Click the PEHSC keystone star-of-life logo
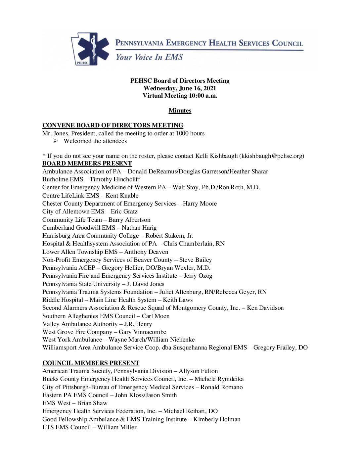coord(90,49)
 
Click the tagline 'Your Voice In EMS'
coord(149,57)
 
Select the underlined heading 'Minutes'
coord(180,111)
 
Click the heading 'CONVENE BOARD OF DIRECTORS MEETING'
coord(113,125)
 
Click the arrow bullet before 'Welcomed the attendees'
coord(56,141)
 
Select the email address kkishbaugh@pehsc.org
coord(271,156)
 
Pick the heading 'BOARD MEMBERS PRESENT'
coord(87,163)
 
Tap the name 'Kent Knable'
coord(122,196)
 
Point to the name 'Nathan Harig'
coord(139,228)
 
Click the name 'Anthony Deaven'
coord(146,252)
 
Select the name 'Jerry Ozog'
coord(198,276)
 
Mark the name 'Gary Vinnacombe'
coord(143,332)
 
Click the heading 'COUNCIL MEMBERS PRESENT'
coord(91,363)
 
